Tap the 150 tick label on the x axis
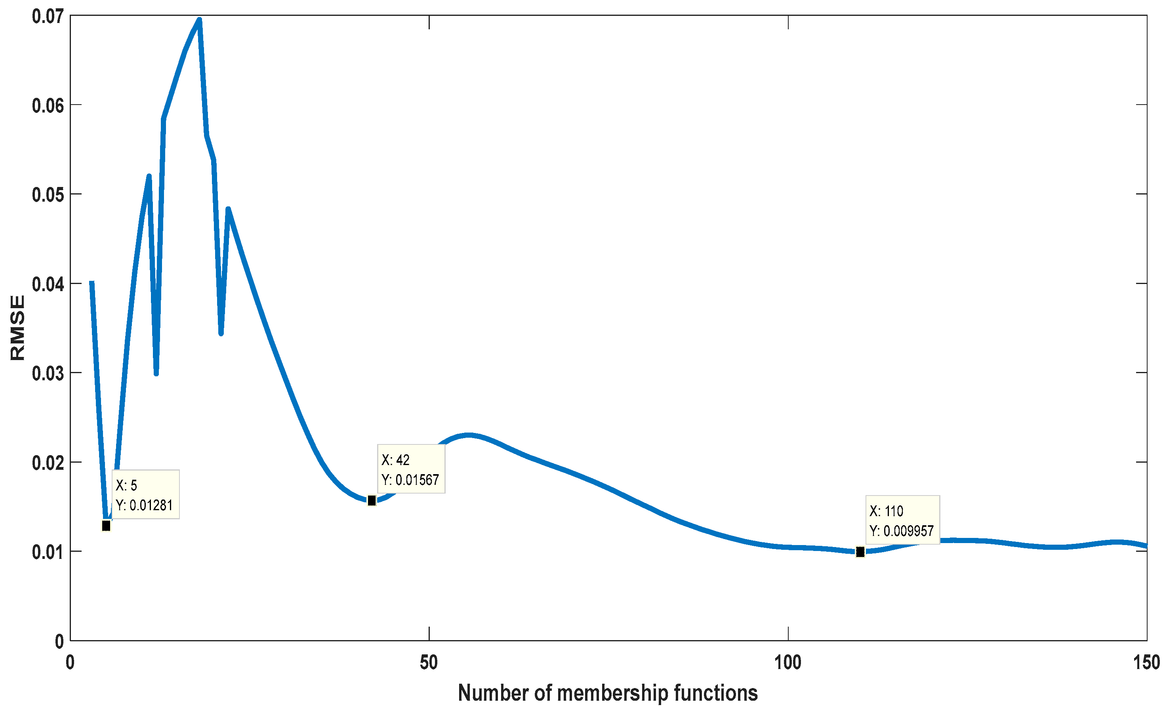[1146, 663]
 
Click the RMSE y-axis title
[18, 328]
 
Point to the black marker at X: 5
[106, 526]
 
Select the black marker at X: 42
[372, 501]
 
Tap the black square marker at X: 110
[860, 552]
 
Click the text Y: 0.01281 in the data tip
[144, 505]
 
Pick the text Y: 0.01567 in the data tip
[410, 480]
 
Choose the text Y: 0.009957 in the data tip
[902, 531]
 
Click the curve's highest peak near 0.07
[200, 20]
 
